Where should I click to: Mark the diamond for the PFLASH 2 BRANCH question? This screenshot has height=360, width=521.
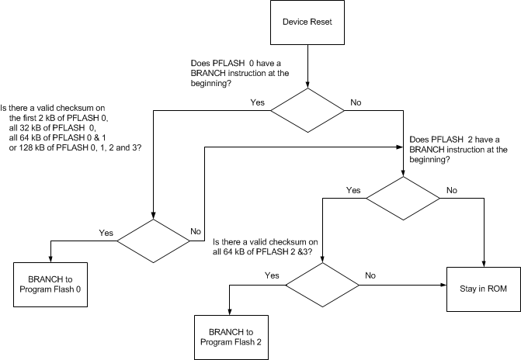(x=403, y=199)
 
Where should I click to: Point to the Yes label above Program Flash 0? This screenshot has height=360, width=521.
(x=106, y=232)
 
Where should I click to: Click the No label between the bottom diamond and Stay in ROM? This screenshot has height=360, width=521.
(x=370, y=275)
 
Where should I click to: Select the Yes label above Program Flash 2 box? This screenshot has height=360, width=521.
(x=272, y=275)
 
